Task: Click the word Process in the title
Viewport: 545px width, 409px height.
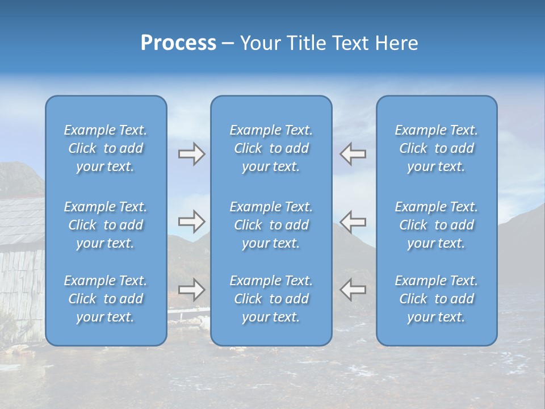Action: click(178, 43)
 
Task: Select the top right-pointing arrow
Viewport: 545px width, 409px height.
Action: click(191, 154)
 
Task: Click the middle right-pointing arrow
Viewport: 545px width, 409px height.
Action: click(191, 222)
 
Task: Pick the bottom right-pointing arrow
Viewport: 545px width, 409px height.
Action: click(191, 290)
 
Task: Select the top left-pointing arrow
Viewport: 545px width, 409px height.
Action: click(353, 154)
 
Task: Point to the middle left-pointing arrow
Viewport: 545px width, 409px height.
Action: click(353, 222)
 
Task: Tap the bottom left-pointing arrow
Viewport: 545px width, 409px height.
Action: click(353, 290)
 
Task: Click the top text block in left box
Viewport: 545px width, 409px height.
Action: click(106, 148)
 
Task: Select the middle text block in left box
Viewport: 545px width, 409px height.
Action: click(106, 225)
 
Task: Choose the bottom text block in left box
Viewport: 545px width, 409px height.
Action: click(106, 299)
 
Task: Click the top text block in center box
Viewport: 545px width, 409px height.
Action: click(271, 148)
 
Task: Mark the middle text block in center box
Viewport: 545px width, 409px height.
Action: click(271, 225)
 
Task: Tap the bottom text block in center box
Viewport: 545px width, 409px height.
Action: click(271, 299)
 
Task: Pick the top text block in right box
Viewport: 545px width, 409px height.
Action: click(436, 148)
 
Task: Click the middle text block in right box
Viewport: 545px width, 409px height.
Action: click(436, 225)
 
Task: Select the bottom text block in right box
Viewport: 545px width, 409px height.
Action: click(436, 299)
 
